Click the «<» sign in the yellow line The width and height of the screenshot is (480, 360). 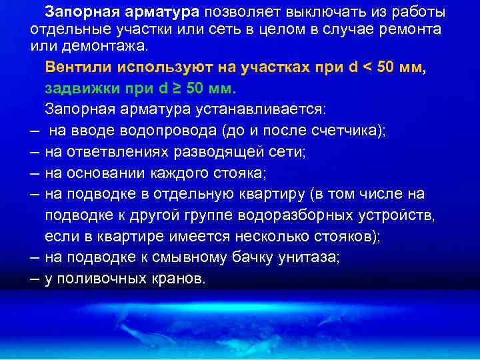(365, 68)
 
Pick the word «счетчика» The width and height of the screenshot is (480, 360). (339, 131)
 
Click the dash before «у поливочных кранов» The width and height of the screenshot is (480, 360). (35, 279)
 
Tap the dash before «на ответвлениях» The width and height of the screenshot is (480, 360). (35, 152)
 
